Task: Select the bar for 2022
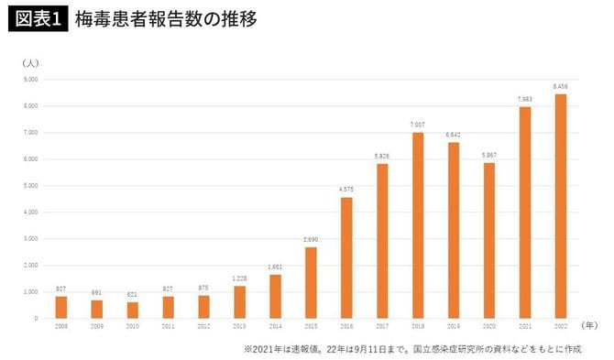[x=561, y=206]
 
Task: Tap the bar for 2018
[x=418, y=225]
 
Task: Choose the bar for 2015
[x=312, y=282]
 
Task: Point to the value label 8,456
[x=561, y=87]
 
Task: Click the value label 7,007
[x=418, y=125]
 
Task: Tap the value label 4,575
[x=347, y=190]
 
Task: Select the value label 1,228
[x=240, y=278]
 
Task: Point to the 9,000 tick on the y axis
[x=29, y=80]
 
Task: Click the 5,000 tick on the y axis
[x=29, y=186]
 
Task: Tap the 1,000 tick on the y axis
[x=29, y=292]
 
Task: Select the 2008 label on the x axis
[x=62, y=325]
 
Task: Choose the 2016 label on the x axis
[x=347, y=325]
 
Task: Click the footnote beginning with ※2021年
[x=412, y=348]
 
